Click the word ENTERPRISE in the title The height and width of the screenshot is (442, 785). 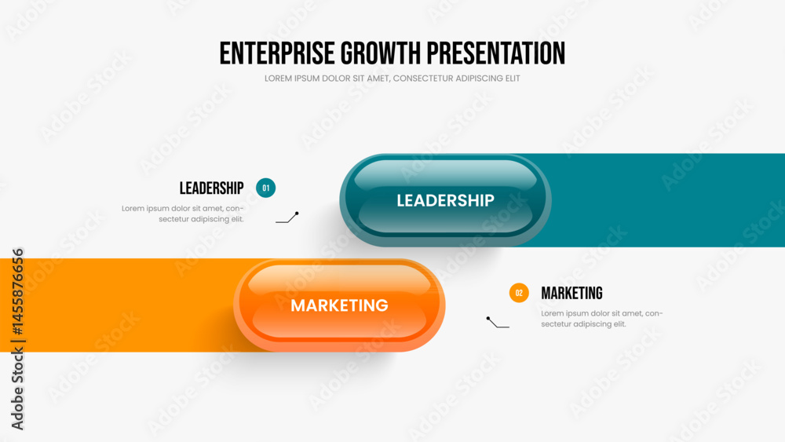click(x=277, y=53)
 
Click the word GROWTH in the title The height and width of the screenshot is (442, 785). click(x=381, y=53)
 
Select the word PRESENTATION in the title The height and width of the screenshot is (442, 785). click(x=496, y=53)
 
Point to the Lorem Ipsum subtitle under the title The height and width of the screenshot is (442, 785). click(x=392, y=79)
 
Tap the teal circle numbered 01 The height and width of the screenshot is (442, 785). click(x=266, y=188)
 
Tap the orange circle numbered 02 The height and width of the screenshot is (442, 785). click(x=519, y=293)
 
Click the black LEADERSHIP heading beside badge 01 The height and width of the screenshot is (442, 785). click(x=211, y=188)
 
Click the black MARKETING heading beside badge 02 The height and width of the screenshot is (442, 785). click(x=571, y=294)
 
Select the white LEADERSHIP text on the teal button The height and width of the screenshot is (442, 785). click(x=446, y=200)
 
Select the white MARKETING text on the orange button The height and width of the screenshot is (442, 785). click(x=339, y=305)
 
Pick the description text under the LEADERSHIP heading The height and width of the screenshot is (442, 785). click(x=183, y=214)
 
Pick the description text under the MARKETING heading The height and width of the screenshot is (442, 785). click(x=602, y=319)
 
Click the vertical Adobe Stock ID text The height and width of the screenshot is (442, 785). click(x=17, y=339)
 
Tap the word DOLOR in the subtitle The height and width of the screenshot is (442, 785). click(x=341, y=79)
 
